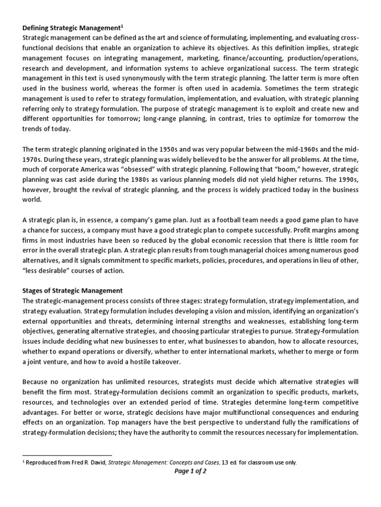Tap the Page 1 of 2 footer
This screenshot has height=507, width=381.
point(190,471)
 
